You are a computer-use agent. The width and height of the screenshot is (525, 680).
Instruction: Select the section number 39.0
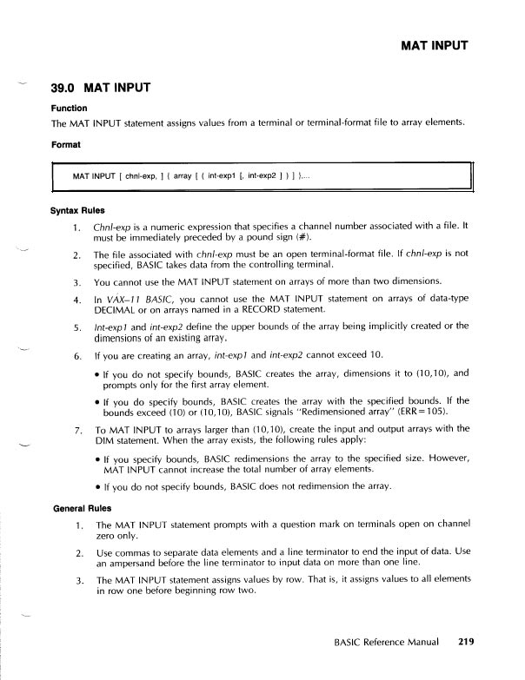tap(66, 88)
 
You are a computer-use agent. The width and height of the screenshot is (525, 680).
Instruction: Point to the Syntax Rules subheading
tap(82, 211)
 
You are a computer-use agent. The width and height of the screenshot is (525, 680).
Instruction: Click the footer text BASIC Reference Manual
tap(389, 644)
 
